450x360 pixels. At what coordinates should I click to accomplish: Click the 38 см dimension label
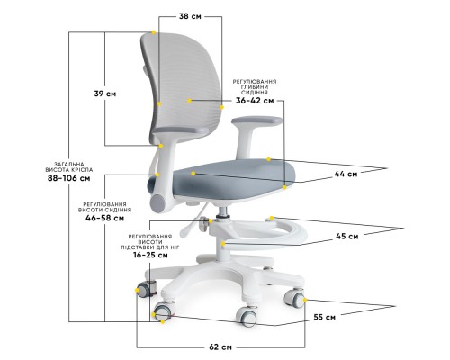point(190,16)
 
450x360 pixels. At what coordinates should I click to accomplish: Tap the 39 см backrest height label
point(105,94)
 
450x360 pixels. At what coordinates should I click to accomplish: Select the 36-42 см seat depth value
point(255,101)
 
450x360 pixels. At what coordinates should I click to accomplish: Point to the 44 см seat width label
point(346,174)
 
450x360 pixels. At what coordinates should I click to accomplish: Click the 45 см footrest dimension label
point(347,237)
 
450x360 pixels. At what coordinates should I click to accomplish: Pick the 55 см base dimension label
point(325,317)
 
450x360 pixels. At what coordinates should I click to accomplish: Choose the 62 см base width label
point(220,347)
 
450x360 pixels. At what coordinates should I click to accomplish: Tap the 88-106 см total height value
point(69,178)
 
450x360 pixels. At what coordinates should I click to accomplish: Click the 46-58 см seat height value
point(105,218)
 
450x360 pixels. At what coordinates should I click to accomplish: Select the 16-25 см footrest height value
point(150,256)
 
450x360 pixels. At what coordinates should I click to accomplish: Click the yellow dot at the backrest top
point(154,32)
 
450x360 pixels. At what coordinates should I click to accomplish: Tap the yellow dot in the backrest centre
point(189,101)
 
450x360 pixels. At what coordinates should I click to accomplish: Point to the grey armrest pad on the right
point(256,121)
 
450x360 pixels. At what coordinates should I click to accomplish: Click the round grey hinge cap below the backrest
point(157,203)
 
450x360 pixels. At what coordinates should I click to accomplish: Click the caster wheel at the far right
point(294,298)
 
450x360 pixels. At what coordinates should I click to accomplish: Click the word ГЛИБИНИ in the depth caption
point(255,87)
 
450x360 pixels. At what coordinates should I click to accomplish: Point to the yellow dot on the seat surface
point(193,174)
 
